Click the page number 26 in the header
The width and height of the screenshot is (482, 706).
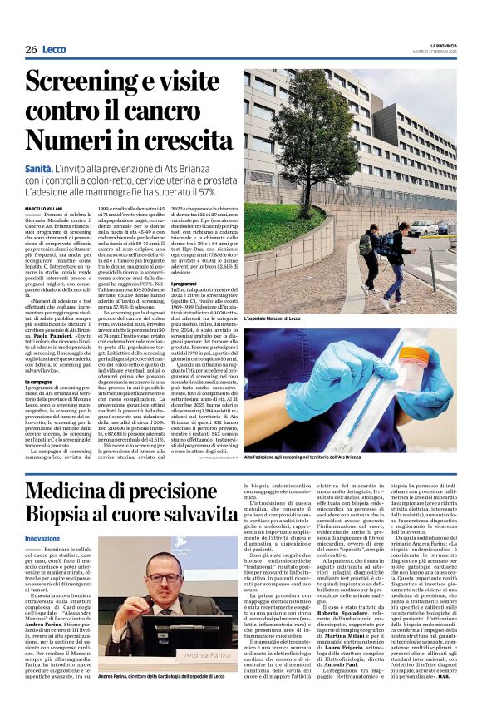click(x=31, y=49)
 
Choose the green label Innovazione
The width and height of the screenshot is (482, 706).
click(x=43, y=539)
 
